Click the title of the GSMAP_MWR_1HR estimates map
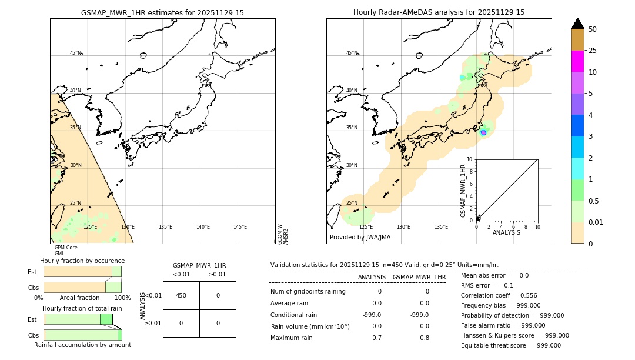pos(162,12)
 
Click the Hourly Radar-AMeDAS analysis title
pos(439,12)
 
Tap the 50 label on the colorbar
pos(593,29)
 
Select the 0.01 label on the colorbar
pos(596,222)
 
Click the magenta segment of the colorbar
pos(577,61)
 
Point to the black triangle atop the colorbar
pos(577,24)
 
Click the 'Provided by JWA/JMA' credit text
pos(360,237)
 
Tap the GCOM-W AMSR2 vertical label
pos(283,234)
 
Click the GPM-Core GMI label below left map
pos(65,250)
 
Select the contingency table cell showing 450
pos(181,296)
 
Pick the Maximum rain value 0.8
pos(425,338)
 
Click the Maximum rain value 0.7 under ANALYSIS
pos(376,338)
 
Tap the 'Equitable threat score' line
pos(510,345)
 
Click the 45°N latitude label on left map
pos(75,53)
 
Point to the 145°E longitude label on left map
pos(240,227)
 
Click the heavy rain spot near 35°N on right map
pos(483,133)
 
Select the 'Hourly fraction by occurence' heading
pos(82,261)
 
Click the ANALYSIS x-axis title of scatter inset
pos(506,232)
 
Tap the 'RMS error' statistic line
pos(487,285)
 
